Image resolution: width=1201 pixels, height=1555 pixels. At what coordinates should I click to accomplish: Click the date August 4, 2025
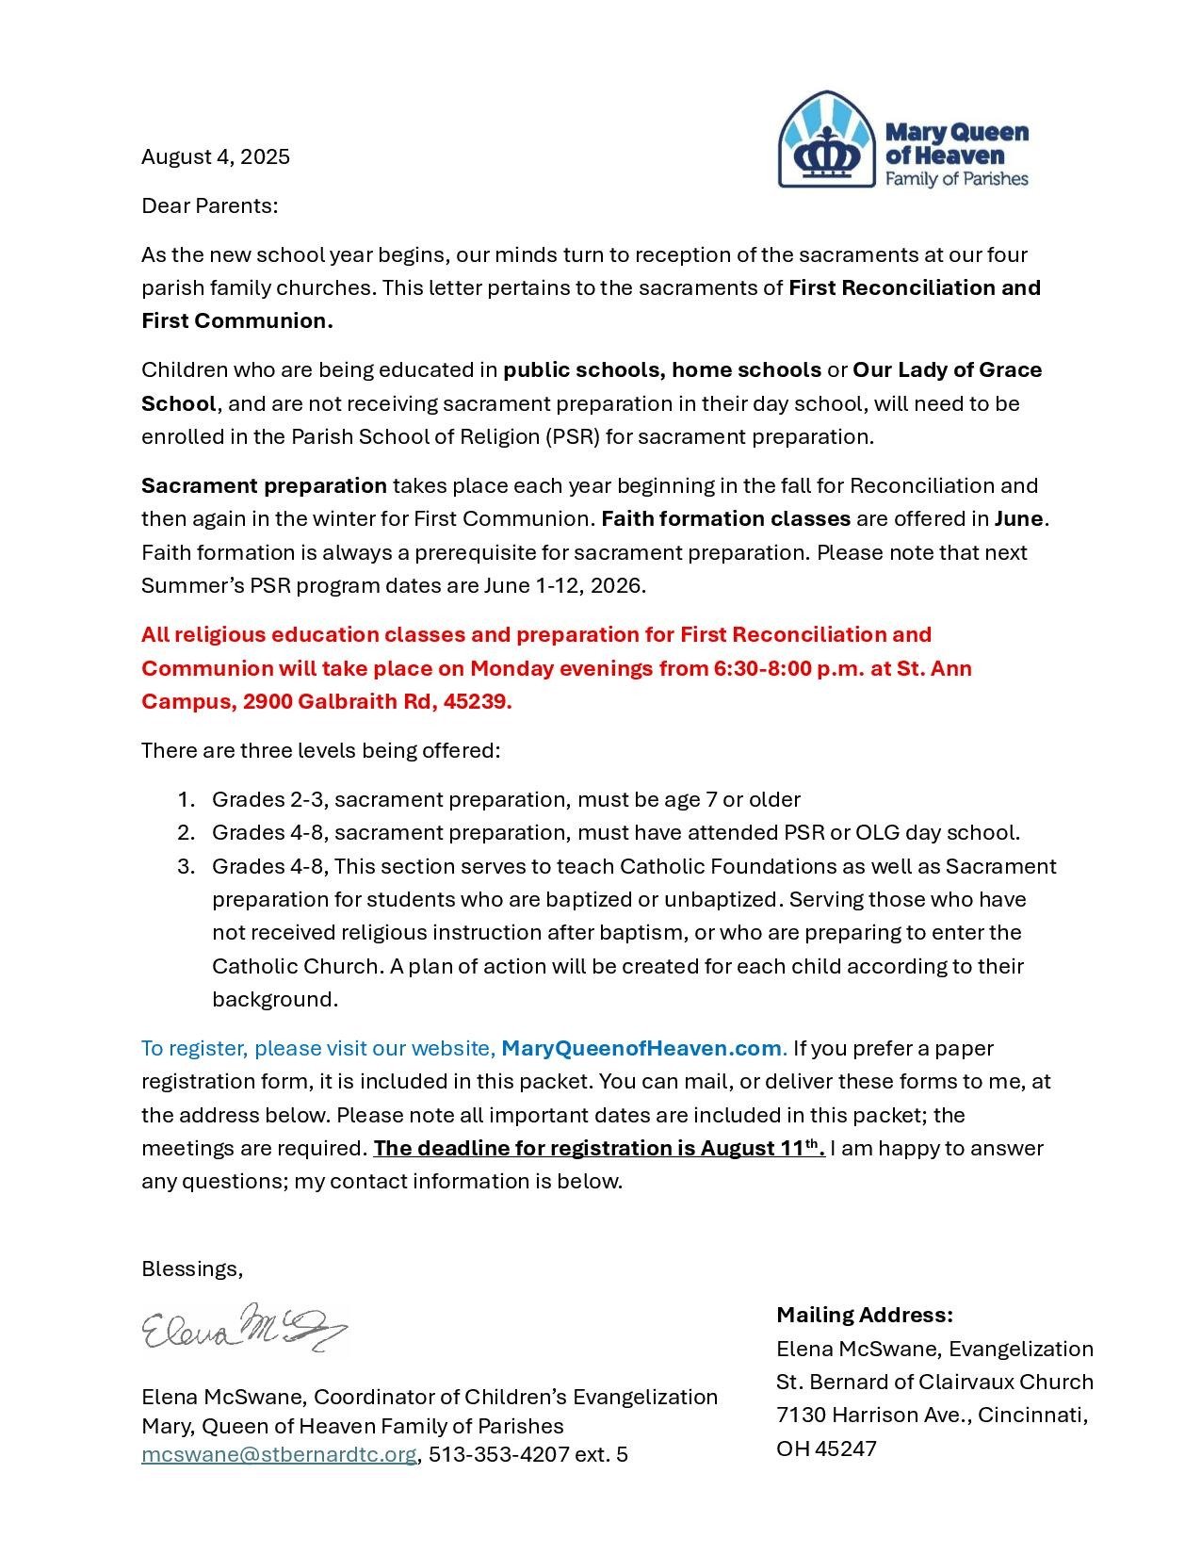tap(216, 156)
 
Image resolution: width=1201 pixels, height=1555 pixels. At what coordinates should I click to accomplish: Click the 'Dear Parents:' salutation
tap(209, 205)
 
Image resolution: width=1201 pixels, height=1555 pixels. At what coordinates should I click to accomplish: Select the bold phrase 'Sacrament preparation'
tap(264, 485)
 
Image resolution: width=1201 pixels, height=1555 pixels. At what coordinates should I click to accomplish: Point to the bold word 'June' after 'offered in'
tap(1018, 518)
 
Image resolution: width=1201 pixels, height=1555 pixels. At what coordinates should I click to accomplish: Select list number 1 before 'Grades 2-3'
tap(185, 799)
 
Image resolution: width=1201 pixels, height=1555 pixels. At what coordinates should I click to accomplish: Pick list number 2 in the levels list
tap(185, 832)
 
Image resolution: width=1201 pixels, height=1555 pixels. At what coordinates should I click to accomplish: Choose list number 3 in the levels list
tap(185, 866)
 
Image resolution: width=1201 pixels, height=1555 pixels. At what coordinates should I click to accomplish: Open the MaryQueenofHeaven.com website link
tap(641, 1048)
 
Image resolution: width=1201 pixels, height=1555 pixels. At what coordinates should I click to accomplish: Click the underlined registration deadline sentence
tap(599, 1148)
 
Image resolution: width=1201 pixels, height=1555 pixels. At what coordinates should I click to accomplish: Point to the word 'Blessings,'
tap(192, 1269)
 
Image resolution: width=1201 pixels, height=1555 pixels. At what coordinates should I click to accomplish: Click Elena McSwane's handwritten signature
tap(245, 1329)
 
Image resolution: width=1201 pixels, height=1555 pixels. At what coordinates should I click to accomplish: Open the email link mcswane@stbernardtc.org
tap(279, 1454)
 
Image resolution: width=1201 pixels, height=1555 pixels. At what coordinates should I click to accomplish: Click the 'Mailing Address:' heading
tap(865, 1315)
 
